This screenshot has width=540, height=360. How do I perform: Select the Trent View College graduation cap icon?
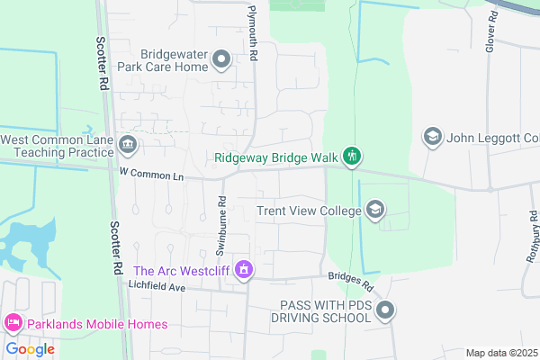(374, 211)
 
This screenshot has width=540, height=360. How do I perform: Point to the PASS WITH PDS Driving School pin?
(386, 311)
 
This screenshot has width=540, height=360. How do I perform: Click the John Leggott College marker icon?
(432, 137)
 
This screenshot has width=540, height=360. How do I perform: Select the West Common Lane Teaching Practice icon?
(128, 145)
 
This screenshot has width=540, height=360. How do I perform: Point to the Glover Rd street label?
(491, 31)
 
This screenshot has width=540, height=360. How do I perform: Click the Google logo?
(30, 349)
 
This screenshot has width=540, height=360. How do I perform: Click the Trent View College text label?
(309, 211)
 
